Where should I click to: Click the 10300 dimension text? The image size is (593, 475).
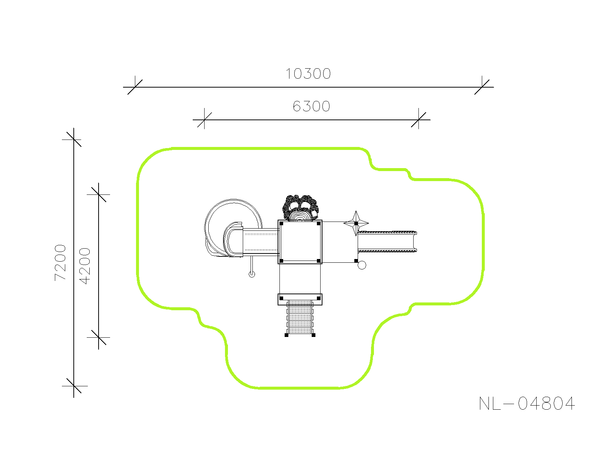point(308,74)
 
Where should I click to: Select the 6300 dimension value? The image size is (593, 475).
point(311,106)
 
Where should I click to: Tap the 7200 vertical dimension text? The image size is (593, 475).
point(60,262)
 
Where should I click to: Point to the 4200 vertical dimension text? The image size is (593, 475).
point(85,266)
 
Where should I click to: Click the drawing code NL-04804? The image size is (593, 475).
point(527,403)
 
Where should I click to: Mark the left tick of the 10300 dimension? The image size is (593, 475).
point(135,87)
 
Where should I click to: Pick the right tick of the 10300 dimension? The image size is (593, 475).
point(482,87)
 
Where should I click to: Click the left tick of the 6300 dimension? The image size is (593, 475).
point(205,120)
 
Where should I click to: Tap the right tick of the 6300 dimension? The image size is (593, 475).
point(418,120)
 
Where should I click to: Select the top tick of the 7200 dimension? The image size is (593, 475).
point(74,140)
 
